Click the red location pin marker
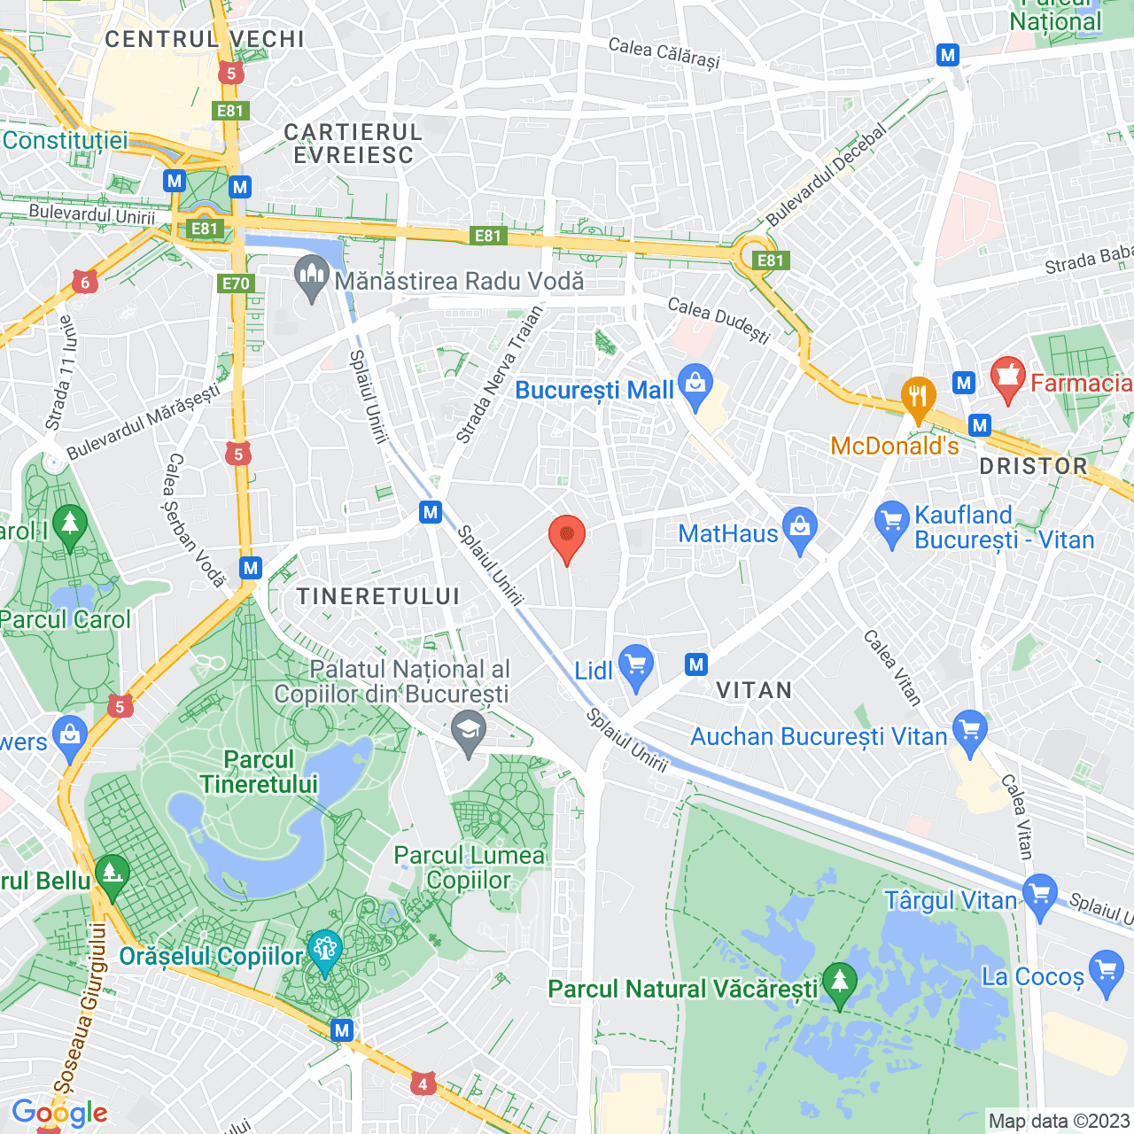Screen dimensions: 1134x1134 coord(567,538)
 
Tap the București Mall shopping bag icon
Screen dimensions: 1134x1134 coord(695,385)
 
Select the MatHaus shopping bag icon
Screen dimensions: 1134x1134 coord(800,529)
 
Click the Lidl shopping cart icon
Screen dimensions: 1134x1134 coord(636,666)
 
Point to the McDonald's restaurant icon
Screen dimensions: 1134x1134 coord(918,397)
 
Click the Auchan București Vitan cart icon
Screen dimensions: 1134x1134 coord(970,732)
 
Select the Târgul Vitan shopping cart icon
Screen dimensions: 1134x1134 coord(1040,895)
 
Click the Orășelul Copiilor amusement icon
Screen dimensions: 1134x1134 coord(324,951)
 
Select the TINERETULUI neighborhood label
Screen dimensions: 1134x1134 coord(378,596)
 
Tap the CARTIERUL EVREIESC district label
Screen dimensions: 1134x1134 coord(353,144)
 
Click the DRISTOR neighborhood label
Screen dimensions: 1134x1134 coord(1033,466)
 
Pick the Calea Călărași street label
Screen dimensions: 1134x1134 coord(664,53)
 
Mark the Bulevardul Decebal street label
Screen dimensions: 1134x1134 coord(826,175)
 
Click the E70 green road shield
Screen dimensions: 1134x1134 coord(236,283)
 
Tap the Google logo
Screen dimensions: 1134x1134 coord(59,1113)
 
